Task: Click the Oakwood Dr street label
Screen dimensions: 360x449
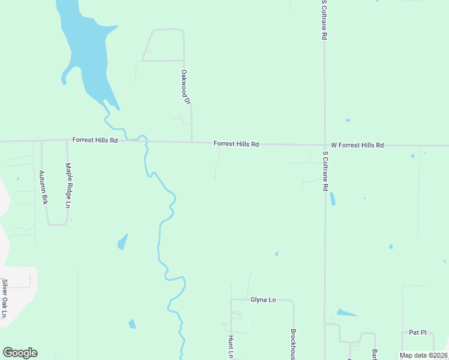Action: (x=185, y=88)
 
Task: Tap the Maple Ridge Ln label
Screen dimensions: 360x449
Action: (x=68, y=186)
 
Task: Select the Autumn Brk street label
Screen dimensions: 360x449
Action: (x=43, y=188)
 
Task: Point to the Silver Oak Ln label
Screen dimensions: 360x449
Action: (x=5, y=299)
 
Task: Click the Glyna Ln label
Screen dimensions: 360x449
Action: (x=263, y=299)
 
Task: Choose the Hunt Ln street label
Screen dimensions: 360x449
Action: (x=231, y=347)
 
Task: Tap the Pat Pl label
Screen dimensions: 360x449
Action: (x=417, y=332)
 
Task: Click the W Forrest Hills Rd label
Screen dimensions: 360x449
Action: (x=357, y=145)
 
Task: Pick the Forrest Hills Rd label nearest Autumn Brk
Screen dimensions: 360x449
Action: (x=95, y=140)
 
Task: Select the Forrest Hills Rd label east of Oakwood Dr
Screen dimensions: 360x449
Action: (x=237, y=144)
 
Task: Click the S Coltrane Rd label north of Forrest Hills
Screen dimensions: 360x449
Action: (x=324, y=20)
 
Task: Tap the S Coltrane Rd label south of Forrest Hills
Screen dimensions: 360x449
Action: (x=325, y=171)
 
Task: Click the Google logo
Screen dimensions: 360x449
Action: (x=20, y=353)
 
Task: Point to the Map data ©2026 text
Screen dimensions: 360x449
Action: (x=423, y=355)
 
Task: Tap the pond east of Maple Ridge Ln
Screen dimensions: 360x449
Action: (x=122, y=242)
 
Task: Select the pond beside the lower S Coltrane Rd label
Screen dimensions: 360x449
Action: (x=333, y=199)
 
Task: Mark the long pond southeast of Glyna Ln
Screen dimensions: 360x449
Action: (x=346, y=313)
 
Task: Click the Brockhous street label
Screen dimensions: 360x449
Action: (x=294, y=344)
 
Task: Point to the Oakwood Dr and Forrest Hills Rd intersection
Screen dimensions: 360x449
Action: (x=191, y=142)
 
